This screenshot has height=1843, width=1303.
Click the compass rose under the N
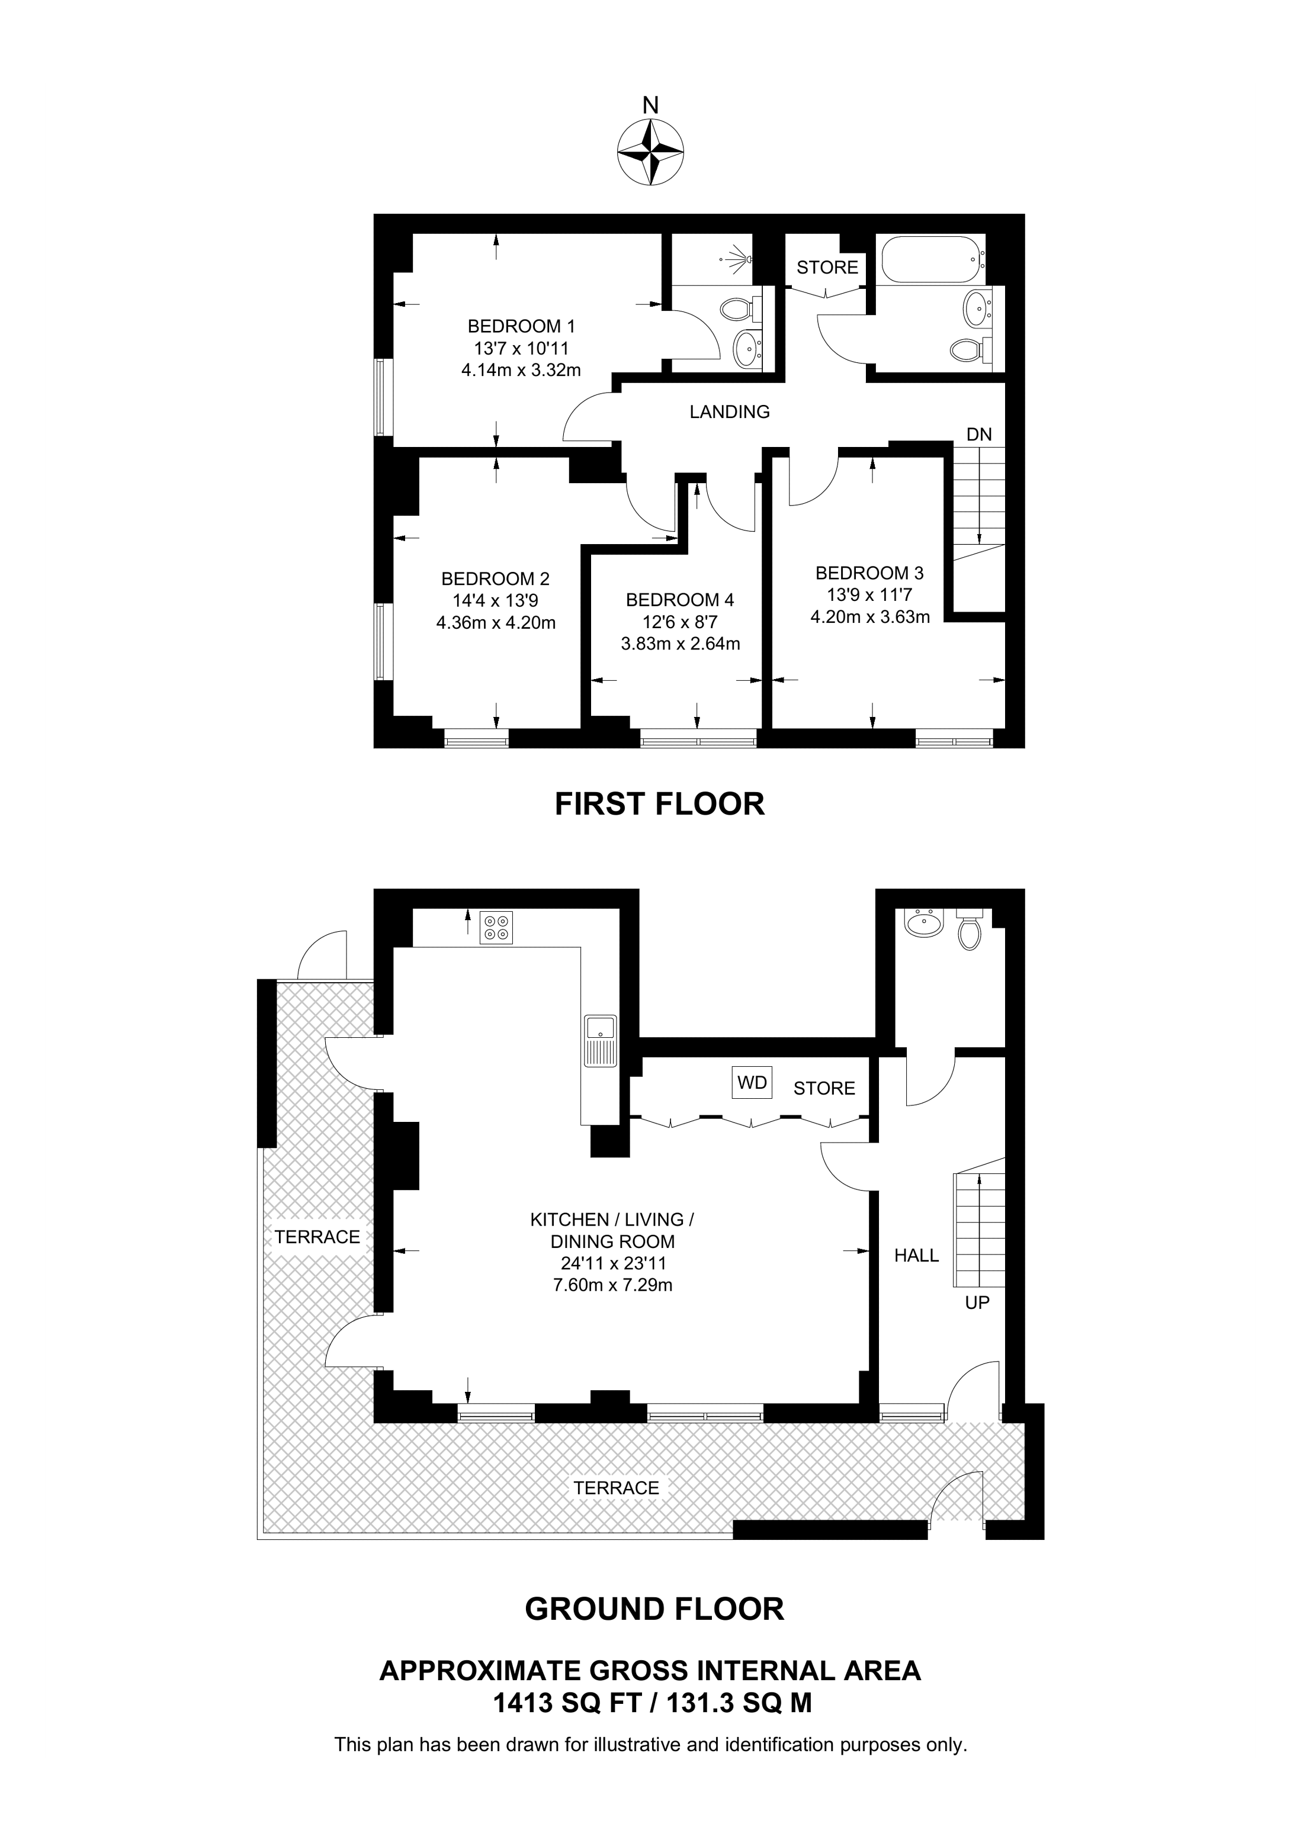tap(650, 153)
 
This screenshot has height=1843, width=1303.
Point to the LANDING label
tap(729, 412)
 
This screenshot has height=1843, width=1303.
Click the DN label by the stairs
tap(978, 435)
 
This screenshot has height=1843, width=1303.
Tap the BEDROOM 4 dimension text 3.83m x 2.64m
tap(680, 643)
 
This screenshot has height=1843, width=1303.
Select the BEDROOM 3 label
tap(869, 573)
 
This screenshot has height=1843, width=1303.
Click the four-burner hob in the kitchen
tap(495, 927)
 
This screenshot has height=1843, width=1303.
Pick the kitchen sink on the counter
tap(600, 1041)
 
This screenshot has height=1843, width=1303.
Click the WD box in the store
tap(752, 1082)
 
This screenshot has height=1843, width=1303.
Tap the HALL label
tap(916, 1256)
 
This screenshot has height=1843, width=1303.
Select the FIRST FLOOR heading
tap(659, 803)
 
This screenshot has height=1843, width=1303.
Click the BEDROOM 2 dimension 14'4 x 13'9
tap(495, 600)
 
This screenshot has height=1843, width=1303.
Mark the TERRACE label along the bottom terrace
tap(616, 1488)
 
